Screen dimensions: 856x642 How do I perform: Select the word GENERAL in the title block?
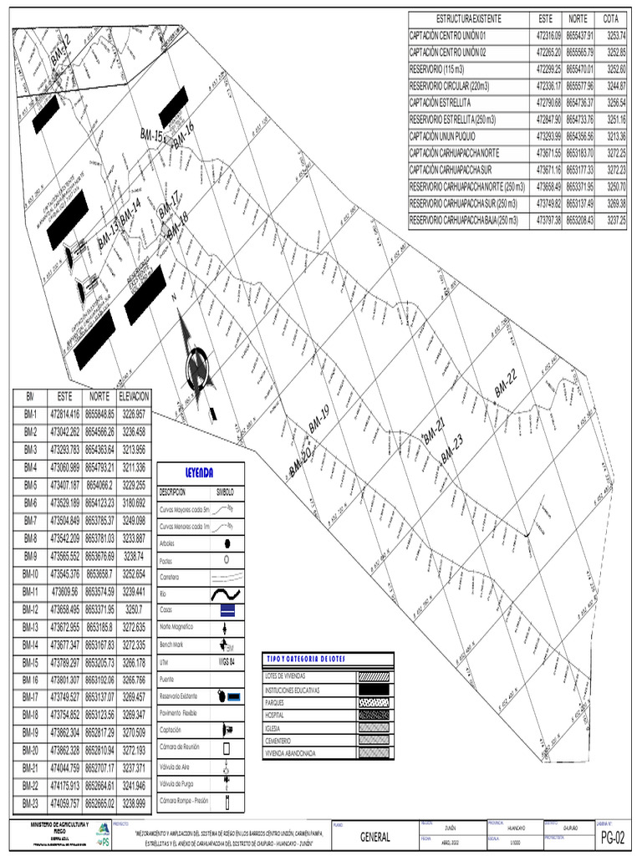pos(375,837)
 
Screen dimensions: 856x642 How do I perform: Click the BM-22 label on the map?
pos(507,381)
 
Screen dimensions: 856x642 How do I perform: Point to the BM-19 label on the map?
pos(319,418)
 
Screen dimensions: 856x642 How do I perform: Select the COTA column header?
pos(610,18)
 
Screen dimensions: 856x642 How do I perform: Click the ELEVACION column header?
pos(134,395)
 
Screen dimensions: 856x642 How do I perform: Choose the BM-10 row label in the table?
pos(31,573)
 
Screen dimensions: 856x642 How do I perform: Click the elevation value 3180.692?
pos(134,502)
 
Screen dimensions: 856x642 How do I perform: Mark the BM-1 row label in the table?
pos(31,414)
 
